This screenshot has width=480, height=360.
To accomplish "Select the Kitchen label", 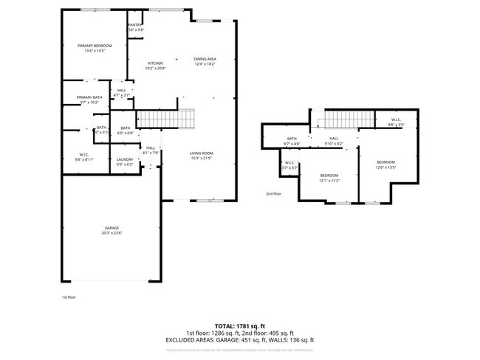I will pyautogui.click(x=155, y=63).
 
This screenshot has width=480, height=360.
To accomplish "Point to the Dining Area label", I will pyautogui.click(x=205, y=59).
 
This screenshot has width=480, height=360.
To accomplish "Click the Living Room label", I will pyautogui.click(x=202, y=153).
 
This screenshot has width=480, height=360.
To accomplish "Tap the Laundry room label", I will pyautogui.click(x=124, y=160).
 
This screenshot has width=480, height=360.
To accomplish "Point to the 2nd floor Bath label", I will pyautogui.click(x=292, y=139).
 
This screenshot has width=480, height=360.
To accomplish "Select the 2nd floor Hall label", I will pyautogui.click(x=334, y=139).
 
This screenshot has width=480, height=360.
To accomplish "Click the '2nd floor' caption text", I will pyautogui.click(x=273, y=194).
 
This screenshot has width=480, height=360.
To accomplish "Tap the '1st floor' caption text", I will pyautogui.click(x=69, y=297).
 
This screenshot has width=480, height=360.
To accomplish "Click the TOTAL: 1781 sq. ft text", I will pyautogui.click(x=240, y=325).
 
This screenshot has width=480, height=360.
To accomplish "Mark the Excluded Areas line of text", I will pyautogui.click(x=240, y=339).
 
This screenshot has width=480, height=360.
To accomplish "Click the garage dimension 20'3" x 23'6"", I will pyautogui.click(x=112, y=233).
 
